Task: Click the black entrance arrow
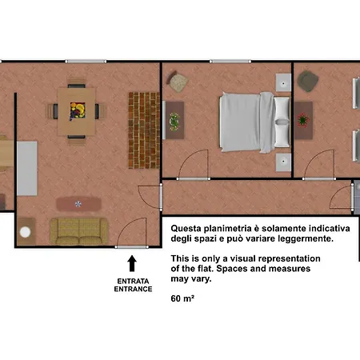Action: [132, 263]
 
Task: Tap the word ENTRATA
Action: [133, 281]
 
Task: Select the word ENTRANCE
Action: [133, 289]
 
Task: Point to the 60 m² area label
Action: [182, 298]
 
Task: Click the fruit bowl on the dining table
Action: [78, 110]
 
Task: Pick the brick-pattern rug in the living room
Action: [144, 130]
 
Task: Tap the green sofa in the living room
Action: [79, 231]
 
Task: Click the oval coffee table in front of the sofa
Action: [78, 204]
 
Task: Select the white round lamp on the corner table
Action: [25, 232]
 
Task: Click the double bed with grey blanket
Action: [254, 122]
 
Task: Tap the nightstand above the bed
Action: [283, 82]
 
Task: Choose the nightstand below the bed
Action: [283, 162]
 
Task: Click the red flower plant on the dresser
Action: [303, 119]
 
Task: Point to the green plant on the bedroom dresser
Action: [174, 122]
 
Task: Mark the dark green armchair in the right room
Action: [308, 81]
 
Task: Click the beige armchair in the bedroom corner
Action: [178, 82]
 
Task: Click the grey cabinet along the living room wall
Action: [27, 169]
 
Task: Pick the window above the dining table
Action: [86, 62]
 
